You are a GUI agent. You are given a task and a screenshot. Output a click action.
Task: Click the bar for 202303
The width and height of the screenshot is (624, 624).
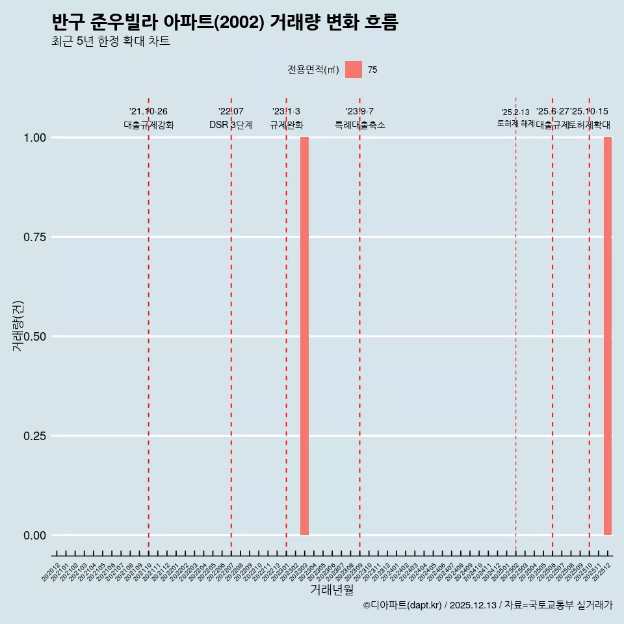pyautogui.click(x=304, y=336)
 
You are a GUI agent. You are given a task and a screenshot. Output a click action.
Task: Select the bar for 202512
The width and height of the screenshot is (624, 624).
pyautogui.click(x=608, y=336)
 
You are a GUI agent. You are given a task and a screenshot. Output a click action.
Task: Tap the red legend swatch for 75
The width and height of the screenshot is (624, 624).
pyautogui.click(x=354, y=70)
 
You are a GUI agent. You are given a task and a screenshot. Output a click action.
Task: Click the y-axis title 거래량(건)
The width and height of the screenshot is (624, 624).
pyautogui.click(x=18, y=326)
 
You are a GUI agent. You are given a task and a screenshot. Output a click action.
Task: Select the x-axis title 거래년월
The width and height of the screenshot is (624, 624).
pyautogui.click(x=332, y=590)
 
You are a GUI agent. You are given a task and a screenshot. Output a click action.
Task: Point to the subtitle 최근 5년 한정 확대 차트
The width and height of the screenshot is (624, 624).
pyautogui.click(x=110, y=42)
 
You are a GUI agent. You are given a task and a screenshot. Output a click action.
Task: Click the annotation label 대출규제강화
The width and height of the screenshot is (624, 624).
pyautogui.click(x=149, y=125)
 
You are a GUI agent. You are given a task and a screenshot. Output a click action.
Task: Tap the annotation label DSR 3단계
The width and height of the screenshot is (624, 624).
pyautogui.click(x=231, y=125)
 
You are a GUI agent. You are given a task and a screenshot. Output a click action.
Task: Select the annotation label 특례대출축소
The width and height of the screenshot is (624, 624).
pyautogui.click(x=360, y=125)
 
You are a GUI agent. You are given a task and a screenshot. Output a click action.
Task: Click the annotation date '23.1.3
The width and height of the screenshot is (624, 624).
pyautogui.click(x=286, y=112)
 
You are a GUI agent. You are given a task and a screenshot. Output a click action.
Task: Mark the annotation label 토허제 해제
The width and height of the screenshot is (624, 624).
pyautogui.click(x=515, y=123)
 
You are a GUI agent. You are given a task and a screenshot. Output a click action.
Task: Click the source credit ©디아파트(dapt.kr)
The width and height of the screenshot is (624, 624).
pyautogui.click(x=402, y=605)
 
